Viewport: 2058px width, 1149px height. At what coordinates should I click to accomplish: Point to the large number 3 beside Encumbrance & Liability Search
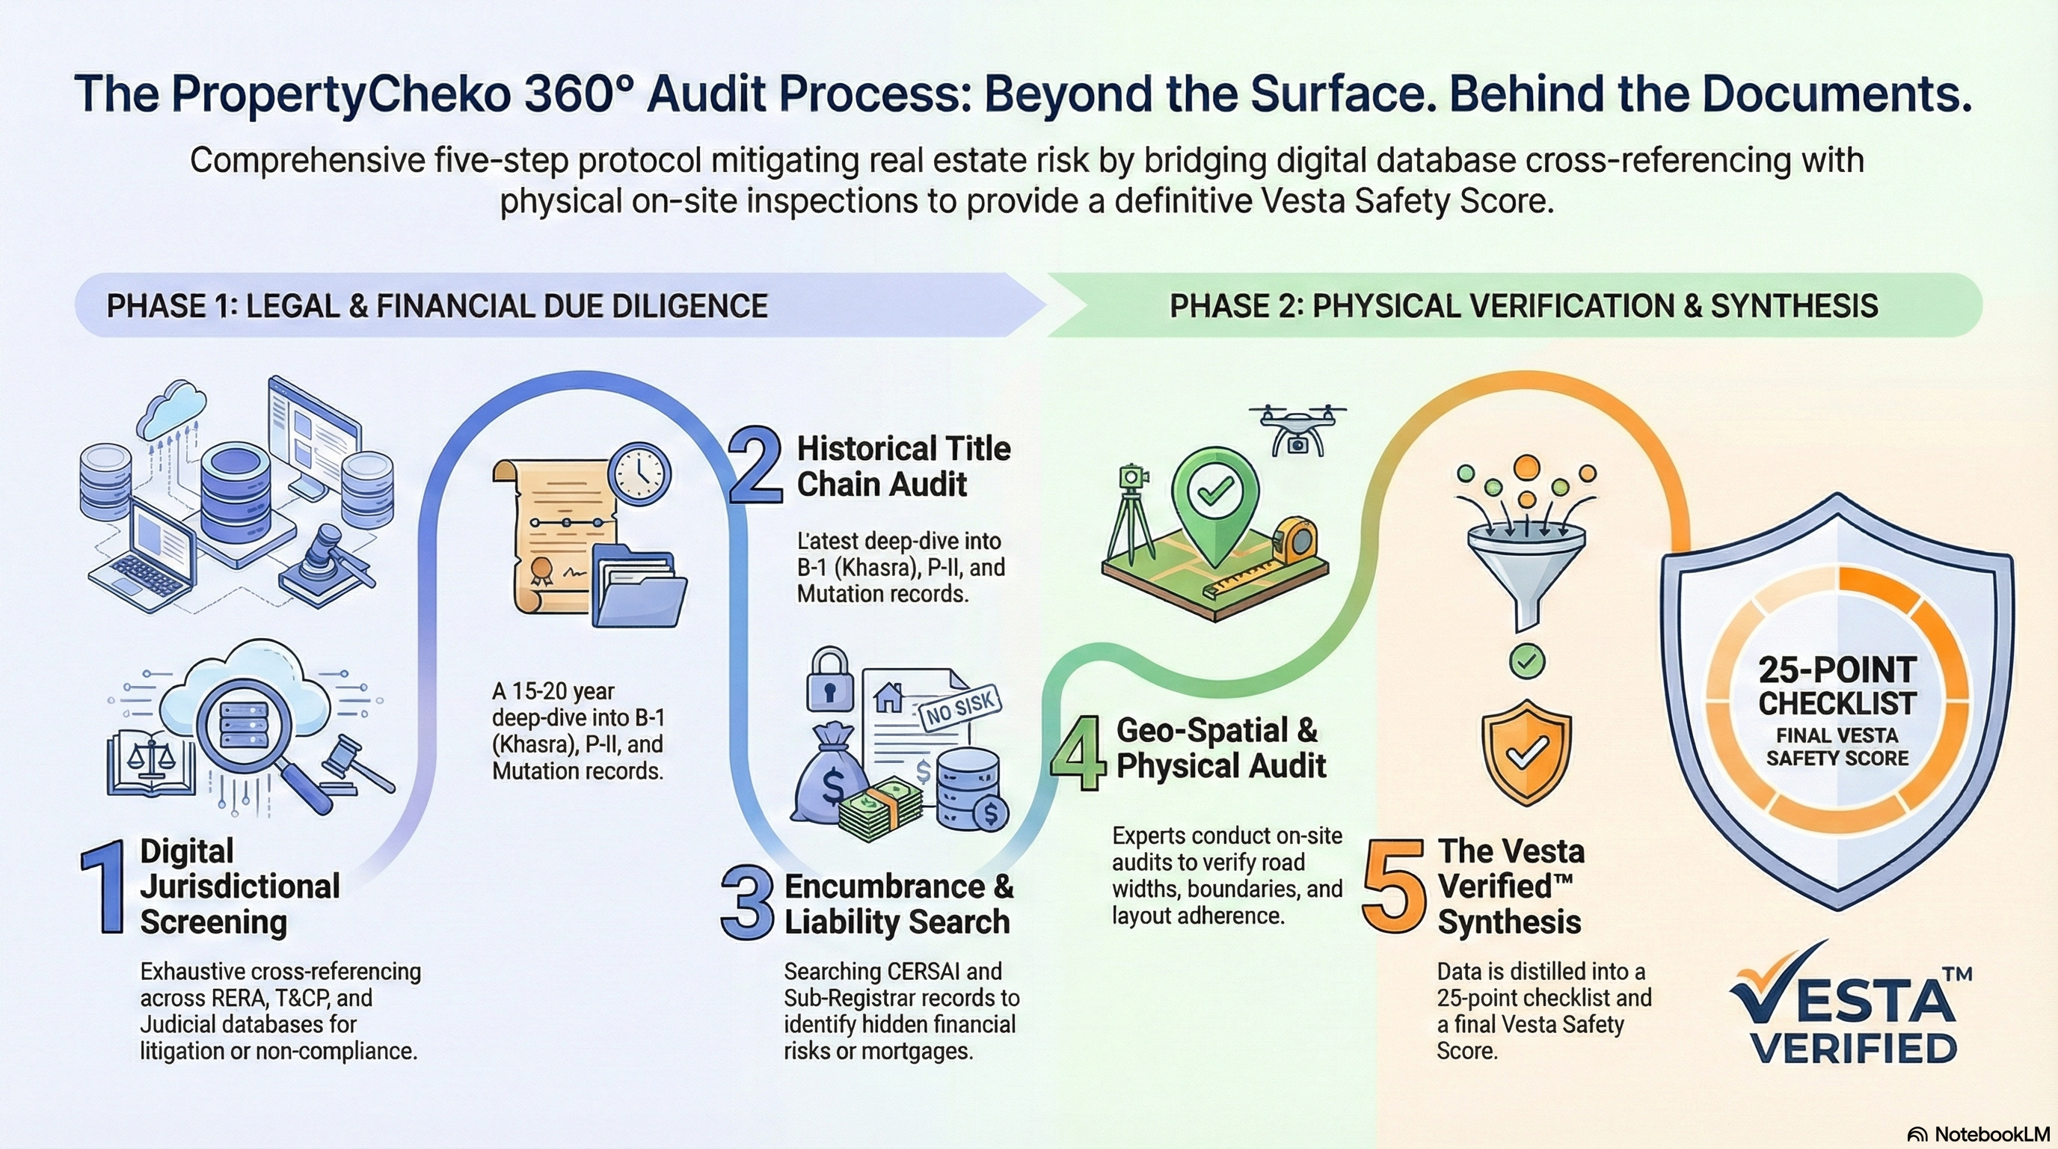point(748,904)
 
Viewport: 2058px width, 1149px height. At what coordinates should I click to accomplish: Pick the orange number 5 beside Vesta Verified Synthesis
point(1394,886)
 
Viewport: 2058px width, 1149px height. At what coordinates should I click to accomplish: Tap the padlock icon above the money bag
point(830,680)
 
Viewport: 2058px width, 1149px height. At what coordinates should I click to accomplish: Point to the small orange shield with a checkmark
point(1526,752)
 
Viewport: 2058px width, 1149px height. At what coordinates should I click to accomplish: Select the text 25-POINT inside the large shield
point(1837,670)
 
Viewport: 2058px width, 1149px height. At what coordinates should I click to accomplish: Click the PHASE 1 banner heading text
point(437,306)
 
